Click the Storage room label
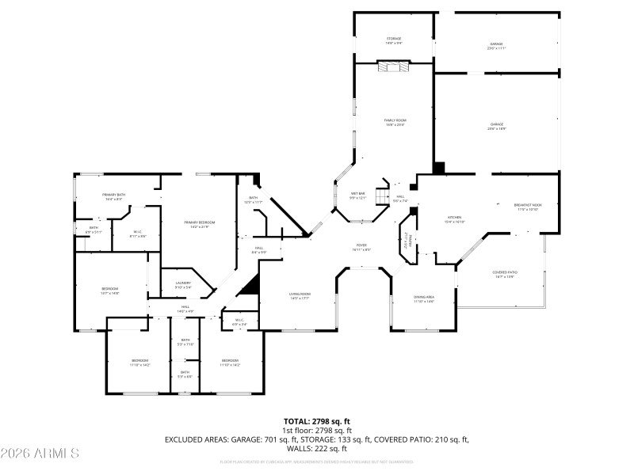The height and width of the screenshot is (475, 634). coord(394,40)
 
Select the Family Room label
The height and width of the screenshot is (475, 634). coord(395,122)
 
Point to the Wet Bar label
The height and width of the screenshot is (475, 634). coord(358,196)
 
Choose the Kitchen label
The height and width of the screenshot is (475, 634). coord(455,219)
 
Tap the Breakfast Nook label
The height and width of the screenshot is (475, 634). coord(528,207)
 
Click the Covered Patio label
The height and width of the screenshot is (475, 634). coord(506,274)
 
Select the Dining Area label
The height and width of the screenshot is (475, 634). coord(424,299)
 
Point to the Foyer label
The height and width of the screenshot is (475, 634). coord(361,248)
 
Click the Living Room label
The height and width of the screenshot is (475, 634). coord(300,296)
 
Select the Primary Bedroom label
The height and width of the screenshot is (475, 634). coord(200,225)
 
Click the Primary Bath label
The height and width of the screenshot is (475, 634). coord(114,196)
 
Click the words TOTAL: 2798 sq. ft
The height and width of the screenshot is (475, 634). coord(317,421)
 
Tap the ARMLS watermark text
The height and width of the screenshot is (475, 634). coord(40,454)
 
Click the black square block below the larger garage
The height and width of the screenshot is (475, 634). coord(439,168)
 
